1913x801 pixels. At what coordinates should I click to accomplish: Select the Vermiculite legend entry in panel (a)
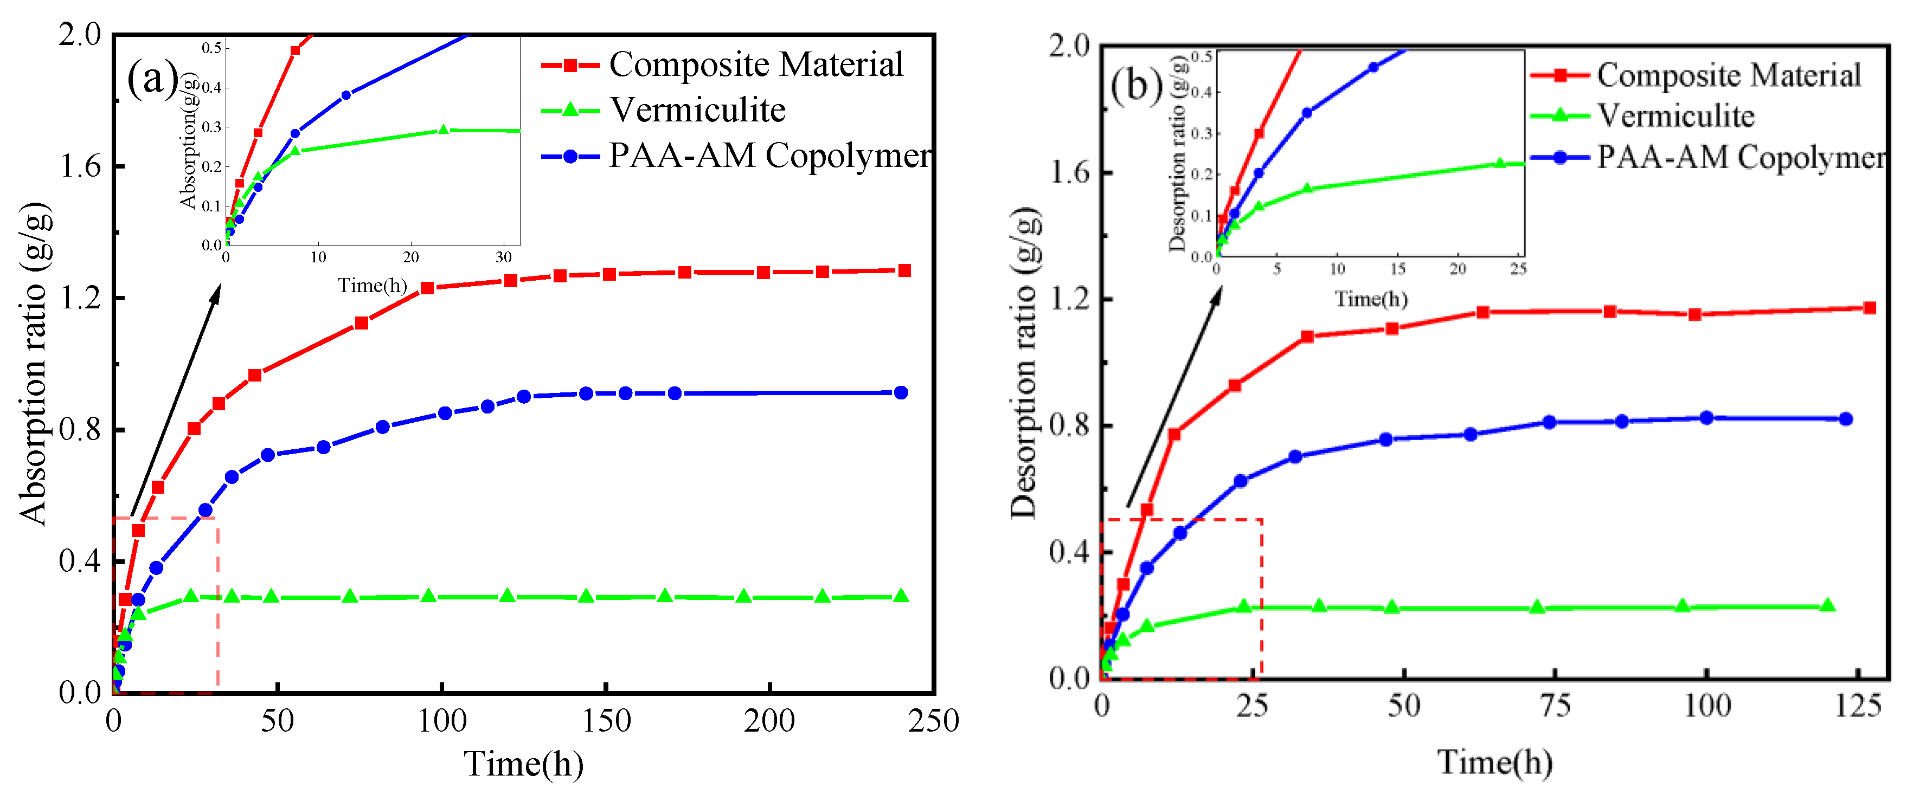coord(697,111)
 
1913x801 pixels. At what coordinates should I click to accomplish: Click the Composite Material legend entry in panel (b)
coord(1728,75)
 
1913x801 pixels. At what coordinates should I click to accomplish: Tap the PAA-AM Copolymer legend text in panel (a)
coord(769,156)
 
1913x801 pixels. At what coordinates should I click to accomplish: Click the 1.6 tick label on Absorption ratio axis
coord(80,166)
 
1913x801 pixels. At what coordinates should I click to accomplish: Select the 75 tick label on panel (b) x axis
coord(1554,706)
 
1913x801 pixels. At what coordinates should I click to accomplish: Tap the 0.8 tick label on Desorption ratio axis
coord(1069,425)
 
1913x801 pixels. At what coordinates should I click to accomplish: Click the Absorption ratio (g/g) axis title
coord(35,364)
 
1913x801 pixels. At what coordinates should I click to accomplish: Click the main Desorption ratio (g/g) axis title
coord(1025,364)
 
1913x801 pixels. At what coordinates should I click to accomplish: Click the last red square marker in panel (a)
coord(904,271)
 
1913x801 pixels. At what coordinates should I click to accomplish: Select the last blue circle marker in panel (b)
coord(1845,419)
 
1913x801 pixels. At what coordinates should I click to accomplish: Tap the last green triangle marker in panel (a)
coord(901,596)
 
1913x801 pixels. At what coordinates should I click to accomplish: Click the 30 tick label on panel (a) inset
coord(504,257)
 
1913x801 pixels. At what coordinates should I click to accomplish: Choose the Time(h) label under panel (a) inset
coord(372,285)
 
